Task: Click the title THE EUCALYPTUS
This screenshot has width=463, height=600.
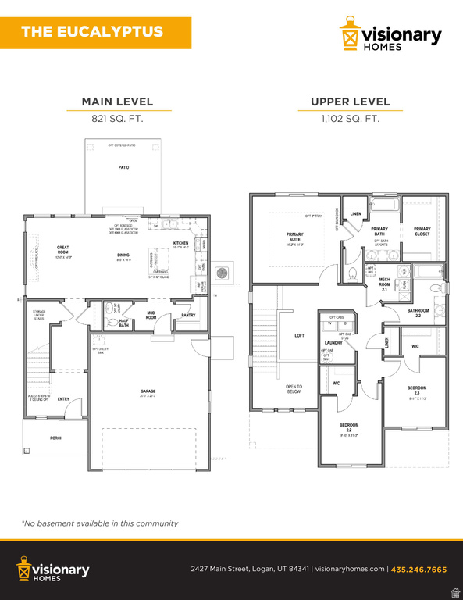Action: [x=92, y=32]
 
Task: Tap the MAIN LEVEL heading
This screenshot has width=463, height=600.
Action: [x=117, y=102]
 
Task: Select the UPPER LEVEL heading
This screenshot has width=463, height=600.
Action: [x=350, y=102]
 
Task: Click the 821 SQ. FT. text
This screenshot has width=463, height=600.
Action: [x=117, y=119]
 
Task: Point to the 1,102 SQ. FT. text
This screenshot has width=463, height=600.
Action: [x=350, y=119]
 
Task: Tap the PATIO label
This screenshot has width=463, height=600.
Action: [x=123, y=168]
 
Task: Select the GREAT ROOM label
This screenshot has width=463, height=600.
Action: [x=62, y=250]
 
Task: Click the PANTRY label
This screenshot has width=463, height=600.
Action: [x=188, y=316]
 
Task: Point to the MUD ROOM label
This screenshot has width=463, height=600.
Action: [x=151, y=316]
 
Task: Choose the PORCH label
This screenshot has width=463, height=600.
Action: [x=56, y=438]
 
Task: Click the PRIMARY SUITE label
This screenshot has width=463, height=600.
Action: [x=295, y=237]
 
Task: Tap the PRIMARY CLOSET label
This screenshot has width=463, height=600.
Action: [x=422, y=231]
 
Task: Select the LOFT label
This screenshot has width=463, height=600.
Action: [x=299, y=336]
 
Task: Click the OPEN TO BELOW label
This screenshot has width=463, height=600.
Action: [x=294, y=389]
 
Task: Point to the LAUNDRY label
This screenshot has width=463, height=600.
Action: [x=334, y=343]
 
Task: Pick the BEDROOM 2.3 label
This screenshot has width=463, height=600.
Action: [x=417, y=390]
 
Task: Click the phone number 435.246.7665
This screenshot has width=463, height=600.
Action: [x=418, y=570]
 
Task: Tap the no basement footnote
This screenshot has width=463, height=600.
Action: [x=100, y=523]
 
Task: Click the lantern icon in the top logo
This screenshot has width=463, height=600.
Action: [x=350, y=35]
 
